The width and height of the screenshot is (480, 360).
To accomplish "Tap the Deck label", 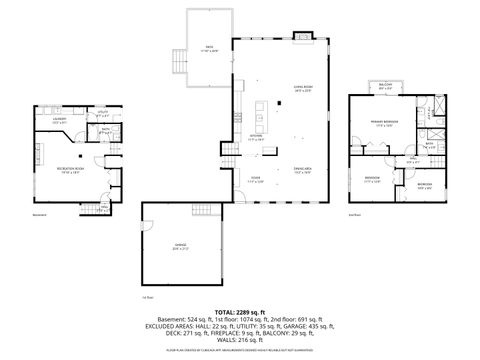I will pyautogui.click(x=209, y=48).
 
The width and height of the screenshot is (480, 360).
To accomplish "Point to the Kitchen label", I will pyautogui.click(x=255, y=139).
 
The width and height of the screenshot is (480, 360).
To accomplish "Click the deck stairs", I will pyautogui.click(x=178, y=62).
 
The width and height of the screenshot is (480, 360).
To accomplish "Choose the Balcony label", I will pyautogui.click(x=385, y=88).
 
